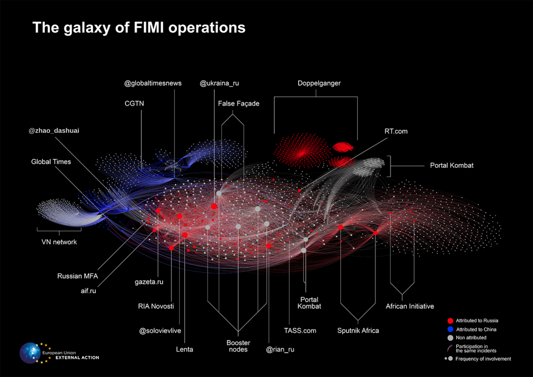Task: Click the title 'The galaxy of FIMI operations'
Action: click(x=139, y=28)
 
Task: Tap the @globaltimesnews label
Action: click(x=153, y=83)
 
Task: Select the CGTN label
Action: click(x=134, y=103)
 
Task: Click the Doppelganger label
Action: click(x=319, y=83)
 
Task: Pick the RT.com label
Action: click(x=396, y=131)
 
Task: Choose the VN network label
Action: click(x=59, y=242)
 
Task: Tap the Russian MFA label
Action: click(x=77, y=276)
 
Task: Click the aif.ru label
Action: click(x=89, y=291)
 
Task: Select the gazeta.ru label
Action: click(x=149, y=282)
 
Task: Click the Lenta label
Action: click(x=184, y=349)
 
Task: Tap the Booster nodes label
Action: click(x=238, y=346)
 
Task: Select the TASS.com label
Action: click(x=300, y=330)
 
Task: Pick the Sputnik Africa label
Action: click(x=358, y=330)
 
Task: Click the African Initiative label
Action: click(x=409, y=306)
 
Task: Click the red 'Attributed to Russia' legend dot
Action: click(x=449, y=321)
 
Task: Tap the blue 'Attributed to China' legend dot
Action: click(x=449, y=329)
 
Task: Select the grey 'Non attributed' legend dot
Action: click(x=449, y=337)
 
